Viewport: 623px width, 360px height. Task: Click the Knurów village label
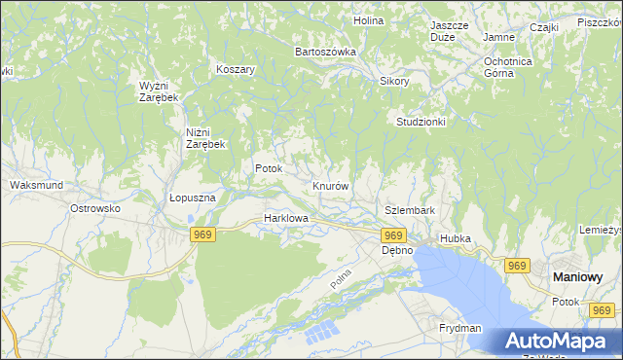[331, 185]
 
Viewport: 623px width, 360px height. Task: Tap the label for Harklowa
[286, 219]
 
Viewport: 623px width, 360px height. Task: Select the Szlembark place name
[409, 210]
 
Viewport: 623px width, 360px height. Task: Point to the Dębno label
[396, 250]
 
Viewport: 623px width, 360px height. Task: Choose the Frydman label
[460, 329]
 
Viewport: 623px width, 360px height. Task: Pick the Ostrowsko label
[94, 208]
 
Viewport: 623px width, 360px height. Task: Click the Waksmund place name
[35, 184]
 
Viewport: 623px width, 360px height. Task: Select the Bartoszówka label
[326, 51]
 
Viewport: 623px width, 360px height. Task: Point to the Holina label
[368, 19]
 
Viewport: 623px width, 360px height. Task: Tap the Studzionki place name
[421, 122]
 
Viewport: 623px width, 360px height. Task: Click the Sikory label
[394, 82]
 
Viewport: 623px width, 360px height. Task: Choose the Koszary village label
[236, 70]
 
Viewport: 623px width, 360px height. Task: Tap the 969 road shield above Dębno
[393, 235]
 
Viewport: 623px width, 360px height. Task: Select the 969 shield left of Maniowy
[516, 266]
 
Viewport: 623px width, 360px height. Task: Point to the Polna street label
[340, 277]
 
